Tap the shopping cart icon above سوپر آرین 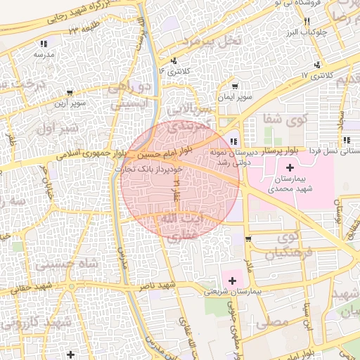tap(69, 93)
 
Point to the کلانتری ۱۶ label tap(174, 71)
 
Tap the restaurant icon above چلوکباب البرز tap(307, 30)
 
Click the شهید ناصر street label tap(156, 285)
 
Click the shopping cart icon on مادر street tap(249, 240)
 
